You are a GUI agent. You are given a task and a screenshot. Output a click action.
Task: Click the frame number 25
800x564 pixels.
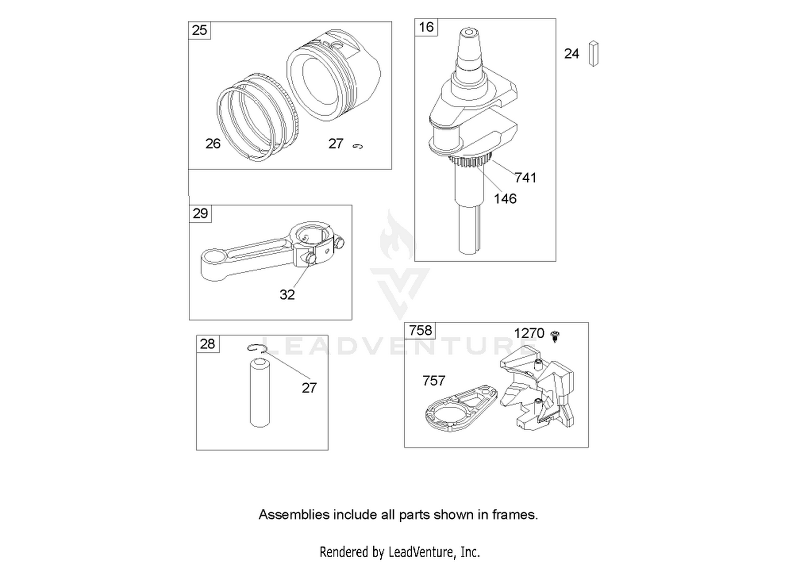coord(199,30)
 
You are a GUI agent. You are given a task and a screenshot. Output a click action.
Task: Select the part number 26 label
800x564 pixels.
coord(213,143)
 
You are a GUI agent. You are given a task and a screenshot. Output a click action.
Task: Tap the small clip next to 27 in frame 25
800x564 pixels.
coord(357,146)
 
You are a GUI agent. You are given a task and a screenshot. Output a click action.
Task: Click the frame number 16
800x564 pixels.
coord(426,27)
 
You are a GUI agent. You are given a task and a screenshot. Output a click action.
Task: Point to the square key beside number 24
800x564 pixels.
coord(594,53)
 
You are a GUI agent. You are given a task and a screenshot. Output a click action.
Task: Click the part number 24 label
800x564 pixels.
coord(571,53)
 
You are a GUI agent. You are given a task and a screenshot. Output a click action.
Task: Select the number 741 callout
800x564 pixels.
coord(525,178)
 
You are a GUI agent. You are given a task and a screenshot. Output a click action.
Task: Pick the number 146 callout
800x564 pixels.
coord(505,198)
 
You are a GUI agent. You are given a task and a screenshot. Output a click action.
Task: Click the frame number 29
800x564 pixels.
coord(200,213)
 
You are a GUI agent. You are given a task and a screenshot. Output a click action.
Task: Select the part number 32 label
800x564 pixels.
coord(287,294)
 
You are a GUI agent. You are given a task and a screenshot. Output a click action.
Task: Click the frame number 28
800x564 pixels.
coord(207,344)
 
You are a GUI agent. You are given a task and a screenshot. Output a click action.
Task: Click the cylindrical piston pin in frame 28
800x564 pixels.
coord(260,393)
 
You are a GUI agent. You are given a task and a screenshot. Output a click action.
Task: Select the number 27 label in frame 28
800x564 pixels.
coord(309,388)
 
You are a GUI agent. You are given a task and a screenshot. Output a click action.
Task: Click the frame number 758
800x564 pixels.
coord(420,330)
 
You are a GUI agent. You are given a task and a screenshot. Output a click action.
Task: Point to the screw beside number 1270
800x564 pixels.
coord(555,336)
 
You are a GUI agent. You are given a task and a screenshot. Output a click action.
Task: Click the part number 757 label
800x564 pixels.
coord(434,381)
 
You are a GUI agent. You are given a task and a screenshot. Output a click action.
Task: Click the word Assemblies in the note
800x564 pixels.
coord(294,515)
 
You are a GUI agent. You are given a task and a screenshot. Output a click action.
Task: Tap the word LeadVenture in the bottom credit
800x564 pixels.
coord(421,552)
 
